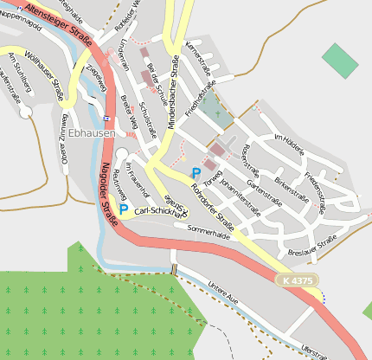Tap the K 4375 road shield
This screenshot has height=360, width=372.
point(297,280)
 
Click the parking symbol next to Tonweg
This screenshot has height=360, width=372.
point(196,173)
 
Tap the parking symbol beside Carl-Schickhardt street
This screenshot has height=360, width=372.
point(124,209)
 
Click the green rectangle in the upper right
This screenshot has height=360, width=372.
point(339,60)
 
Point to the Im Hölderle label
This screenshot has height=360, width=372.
point(290,145)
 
